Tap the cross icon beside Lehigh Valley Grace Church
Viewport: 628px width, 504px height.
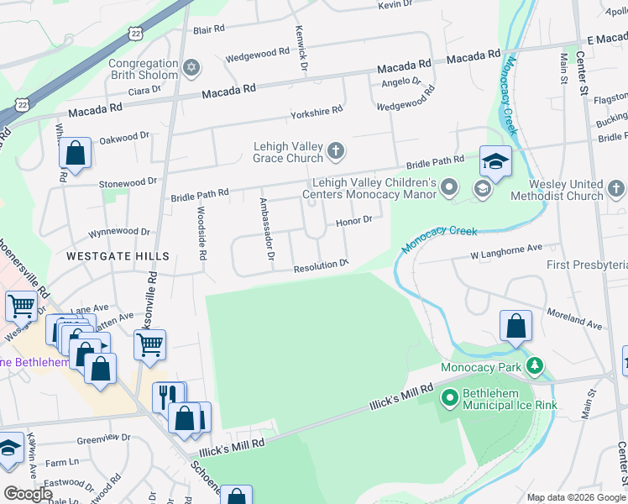point(336,151)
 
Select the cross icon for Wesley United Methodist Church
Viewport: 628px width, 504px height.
point(615,189)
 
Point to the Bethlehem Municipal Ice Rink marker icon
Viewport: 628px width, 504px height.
point(449,396)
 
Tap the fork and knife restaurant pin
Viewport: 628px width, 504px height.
point(168,396)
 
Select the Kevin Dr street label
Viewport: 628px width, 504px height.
point(398,5)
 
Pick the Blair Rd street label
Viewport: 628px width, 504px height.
point(209,29)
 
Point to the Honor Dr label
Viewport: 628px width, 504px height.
point(353,221)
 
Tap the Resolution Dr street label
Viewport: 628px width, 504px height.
point(320,268)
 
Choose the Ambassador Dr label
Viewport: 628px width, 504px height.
point(265,230)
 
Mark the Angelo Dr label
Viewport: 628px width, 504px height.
point(400,81)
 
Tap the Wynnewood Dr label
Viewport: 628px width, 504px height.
point(121,231)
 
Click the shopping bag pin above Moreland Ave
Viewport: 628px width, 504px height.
point(515,327)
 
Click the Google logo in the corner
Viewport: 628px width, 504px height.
point(29,493)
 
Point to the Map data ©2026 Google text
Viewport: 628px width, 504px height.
point(576,496)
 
